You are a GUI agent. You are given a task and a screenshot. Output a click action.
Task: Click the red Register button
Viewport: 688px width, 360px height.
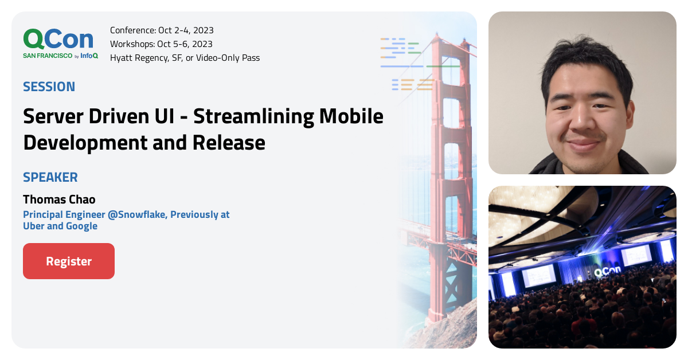pos(69,261)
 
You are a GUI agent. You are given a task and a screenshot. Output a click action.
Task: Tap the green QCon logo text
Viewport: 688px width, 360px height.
pos(58,39)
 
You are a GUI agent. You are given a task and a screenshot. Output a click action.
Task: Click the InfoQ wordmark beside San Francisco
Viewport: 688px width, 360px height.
pos(89,56)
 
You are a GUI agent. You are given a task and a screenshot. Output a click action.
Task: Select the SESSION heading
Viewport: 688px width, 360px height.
pos(49,87)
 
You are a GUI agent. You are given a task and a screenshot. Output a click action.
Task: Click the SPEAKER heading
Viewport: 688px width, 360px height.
pos(50,177)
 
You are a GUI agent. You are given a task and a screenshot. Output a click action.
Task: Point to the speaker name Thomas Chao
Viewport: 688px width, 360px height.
pos(59,199)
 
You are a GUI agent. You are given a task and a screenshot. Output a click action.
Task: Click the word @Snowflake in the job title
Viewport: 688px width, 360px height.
pos(136,214)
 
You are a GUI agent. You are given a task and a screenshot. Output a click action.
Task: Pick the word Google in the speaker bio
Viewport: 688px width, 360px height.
pos(82,226)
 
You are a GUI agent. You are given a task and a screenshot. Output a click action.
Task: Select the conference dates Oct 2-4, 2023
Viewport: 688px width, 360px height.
pos(186,30)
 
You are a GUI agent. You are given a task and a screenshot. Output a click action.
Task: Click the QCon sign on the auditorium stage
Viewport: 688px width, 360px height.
pos(607,272)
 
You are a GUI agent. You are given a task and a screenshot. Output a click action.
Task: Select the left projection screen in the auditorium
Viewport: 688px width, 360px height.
pos(539,276)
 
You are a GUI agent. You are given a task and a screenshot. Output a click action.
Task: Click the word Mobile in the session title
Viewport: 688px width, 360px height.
pos(351,116)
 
